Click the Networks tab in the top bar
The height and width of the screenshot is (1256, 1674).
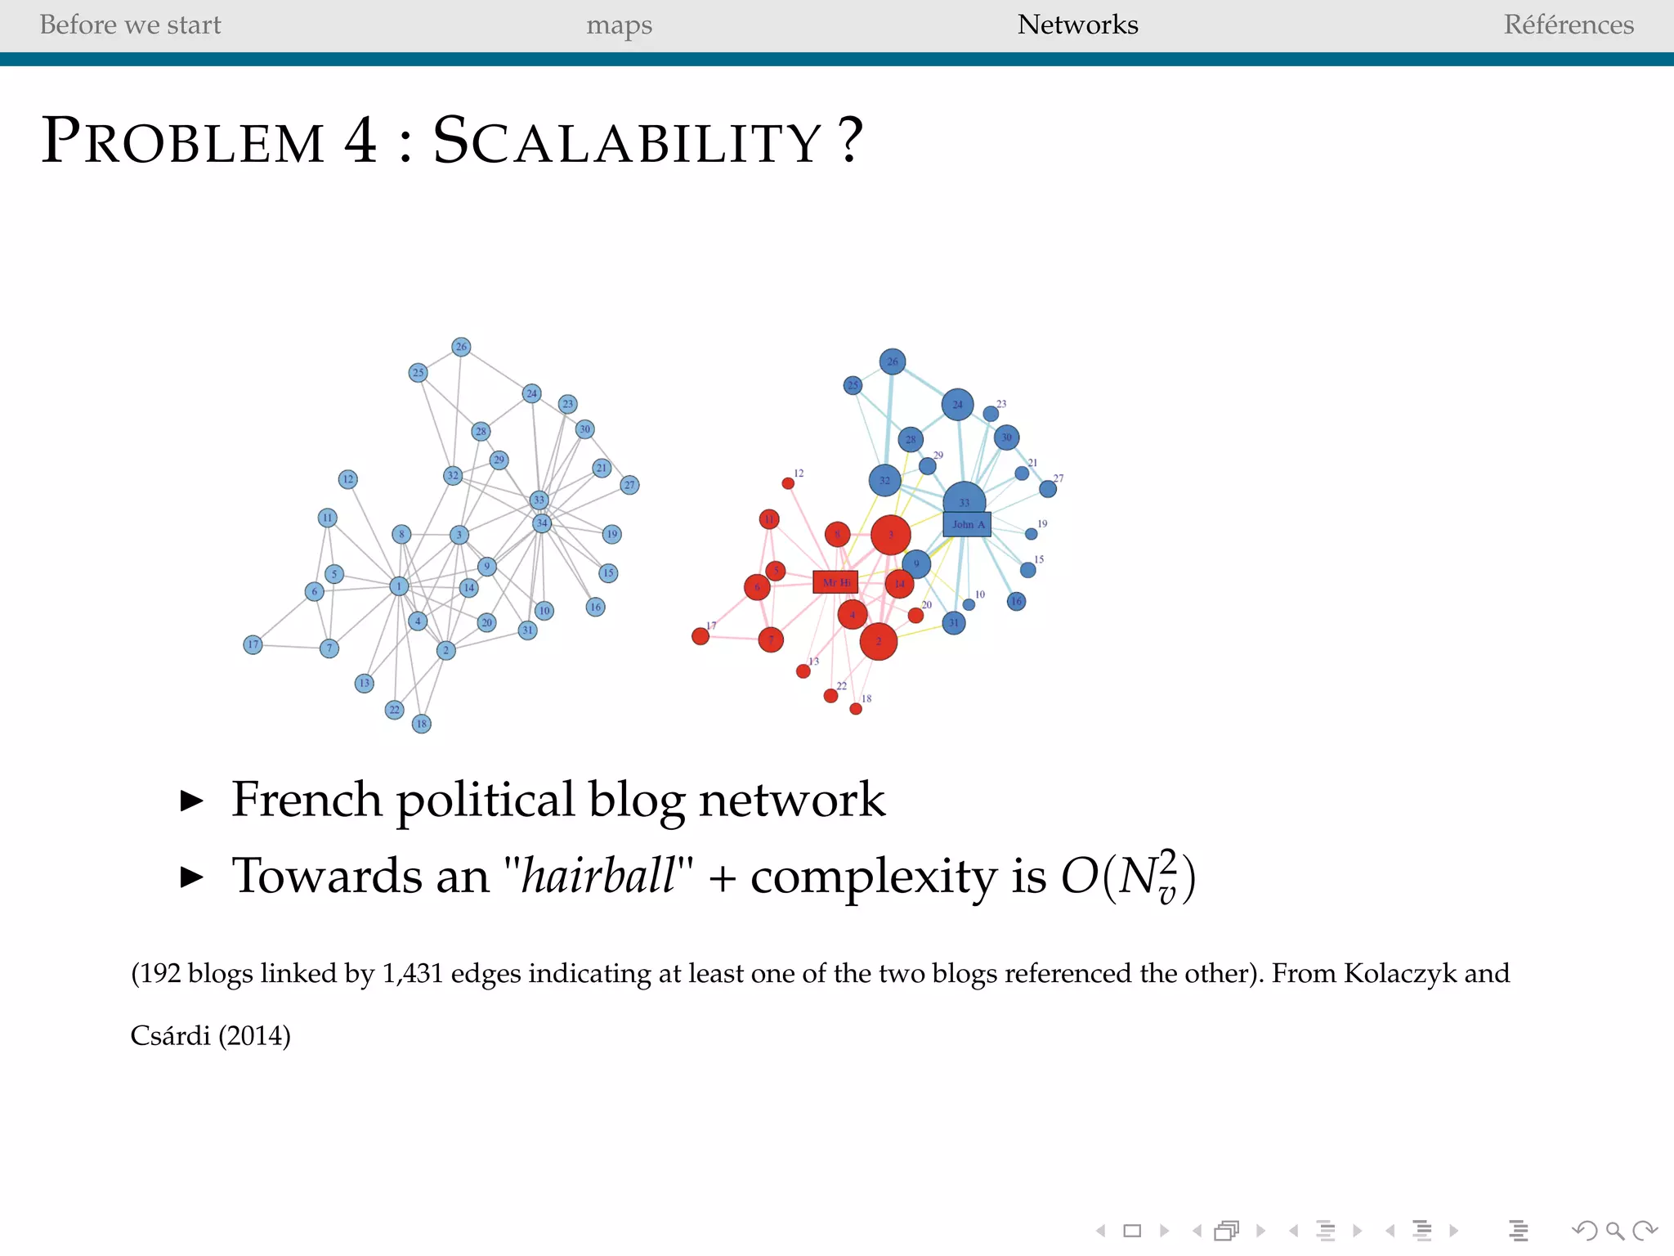pos(1077,25)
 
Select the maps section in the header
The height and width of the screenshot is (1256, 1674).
pos(619,25)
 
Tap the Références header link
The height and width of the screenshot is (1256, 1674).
pos(1569,25)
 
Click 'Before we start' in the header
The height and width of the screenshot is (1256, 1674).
pos(130,25)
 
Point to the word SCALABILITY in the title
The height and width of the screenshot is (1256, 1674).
pos(627,141)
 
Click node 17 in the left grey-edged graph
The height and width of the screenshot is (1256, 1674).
pos(253,644)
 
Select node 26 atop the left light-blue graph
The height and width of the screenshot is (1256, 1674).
pos(461,347)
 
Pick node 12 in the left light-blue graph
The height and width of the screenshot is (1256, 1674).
pos(348,479)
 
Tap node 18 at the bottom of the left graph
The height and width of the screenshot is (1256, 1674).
pos(422,724)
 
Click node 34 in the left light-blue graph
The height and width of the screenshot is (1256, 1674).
pos(542,523)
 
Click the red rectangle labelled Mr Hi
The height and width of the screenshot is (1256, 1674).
pos(835,582)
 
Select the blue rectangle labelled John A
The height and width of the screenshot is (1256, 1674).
pos(967,524)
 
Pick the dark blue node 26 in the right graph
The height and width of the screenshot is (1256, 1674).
pos(893,361)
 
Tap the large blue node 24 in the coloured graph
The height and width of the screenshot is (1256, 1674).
pos(957,404)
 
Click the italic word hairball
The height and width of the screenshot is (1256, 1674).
pos(598,876)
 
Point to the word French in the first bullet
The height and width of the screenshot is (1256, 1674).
pos(307,799)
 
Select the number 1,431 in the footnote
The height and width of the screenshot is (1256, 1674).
pos(412,973)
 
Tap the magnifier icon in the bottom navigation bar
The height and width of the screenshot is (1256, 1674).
pos(1614,1231)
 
